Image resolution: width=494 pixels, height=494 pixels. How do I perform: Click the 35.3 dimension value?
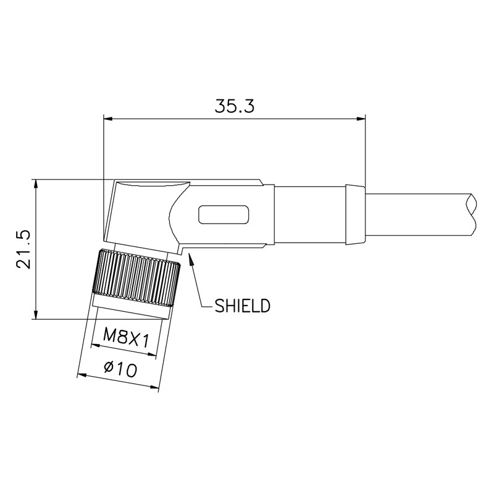235,106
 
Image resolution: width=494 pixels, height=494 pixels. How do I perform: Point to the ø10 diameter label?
120,369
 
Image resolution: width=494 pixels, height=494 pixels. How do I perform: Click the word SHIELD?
242,305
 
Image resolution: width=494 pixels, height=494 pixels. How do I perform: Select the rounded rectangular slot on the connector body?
224,215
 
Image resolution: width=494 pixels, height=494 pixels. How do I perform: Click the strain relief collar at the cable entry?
354,213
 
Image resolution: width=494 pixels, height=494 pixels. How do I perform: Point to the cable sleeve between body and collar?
309,213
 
